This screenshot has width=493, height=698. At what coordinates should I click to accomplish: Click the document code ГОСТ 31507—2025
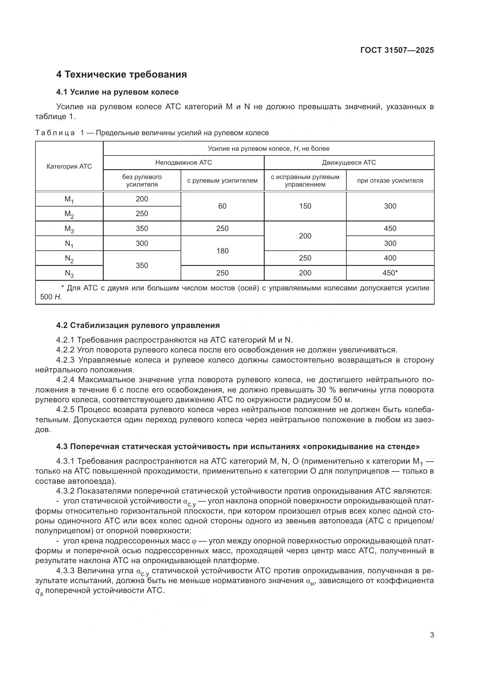coord(397,50)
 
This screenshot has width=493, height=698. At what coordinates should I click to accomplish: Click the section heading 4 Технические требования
coord(121,75)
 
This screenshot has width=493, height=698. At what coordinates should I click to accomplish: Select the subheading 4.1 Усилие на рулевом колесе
coord(117,92)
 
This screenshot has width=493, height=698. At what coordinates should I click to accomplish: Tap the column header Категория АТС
coord(69,166)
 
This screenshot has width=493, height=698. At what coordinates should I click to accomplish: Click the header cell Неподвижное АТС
coord(183,163)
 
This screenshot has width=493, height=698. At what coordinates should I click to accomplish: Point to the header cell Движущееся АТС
coord(349,163)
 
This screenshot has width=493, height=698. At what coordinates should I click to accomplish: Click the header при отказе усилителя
coord(390,181)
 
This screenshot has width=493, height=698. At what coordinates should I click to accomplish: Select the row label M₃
coord(69,229)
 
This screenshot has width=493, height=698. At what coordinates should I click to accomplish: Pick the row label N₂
coord(69,258)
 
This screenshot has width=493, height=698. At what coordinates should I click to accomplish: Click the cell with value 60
coord(222,206)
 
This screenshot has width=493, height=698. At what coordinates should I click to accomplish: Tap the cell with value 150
coord(305,206)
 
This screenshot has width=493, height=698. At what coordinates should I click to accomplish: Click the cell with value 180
coord(222,251)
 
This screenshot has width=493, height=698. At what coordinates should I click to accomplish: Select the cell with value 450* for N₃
coord(390,273)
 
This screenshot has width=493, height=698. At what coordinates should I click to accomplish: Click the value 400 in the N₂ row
coord(390,258)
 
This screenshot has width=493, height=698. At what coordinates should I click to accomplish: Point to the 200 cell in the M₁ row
coord(142,199)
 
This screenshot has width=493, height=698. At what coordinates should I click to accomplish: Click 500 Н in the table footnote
coord(51,297)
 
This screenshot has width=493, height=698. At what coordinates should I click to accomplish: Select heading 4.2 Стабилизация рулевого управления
coord(138,325)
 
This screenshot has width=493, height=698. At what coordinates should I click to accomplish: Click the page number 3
coord(432,635)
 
